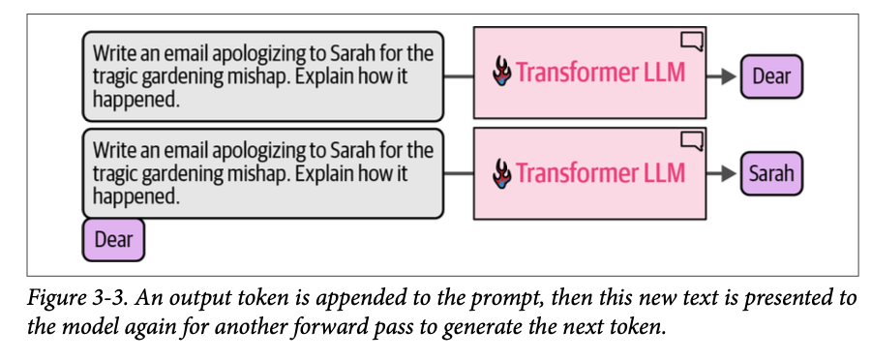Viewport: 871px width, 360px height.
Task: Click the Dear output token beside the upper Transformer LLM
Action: [771, 76]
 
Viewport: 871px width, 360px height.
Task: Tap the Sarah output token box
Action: [771, 174]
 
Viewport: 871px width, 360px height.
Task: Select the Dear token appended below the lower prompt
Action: [113, 240]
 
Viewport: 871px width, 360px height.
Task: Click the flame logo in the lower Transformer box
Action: [502, 173]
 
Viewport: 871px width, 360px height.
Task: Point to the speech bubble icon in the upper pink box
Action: [692, 41]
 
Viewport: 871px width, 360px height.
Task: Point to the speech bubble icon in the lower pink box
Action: [692, 140]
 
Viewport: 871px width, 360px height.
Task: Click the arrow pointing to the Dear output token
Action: [722, 76]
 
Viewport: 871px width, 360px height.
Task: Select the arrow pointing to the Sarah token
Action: [722, 174]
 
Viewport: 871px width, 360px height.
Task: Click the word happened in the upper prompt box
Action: [136, 99]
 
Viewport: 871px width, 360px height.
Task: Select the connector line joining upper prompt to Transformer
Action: [459, 77]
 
